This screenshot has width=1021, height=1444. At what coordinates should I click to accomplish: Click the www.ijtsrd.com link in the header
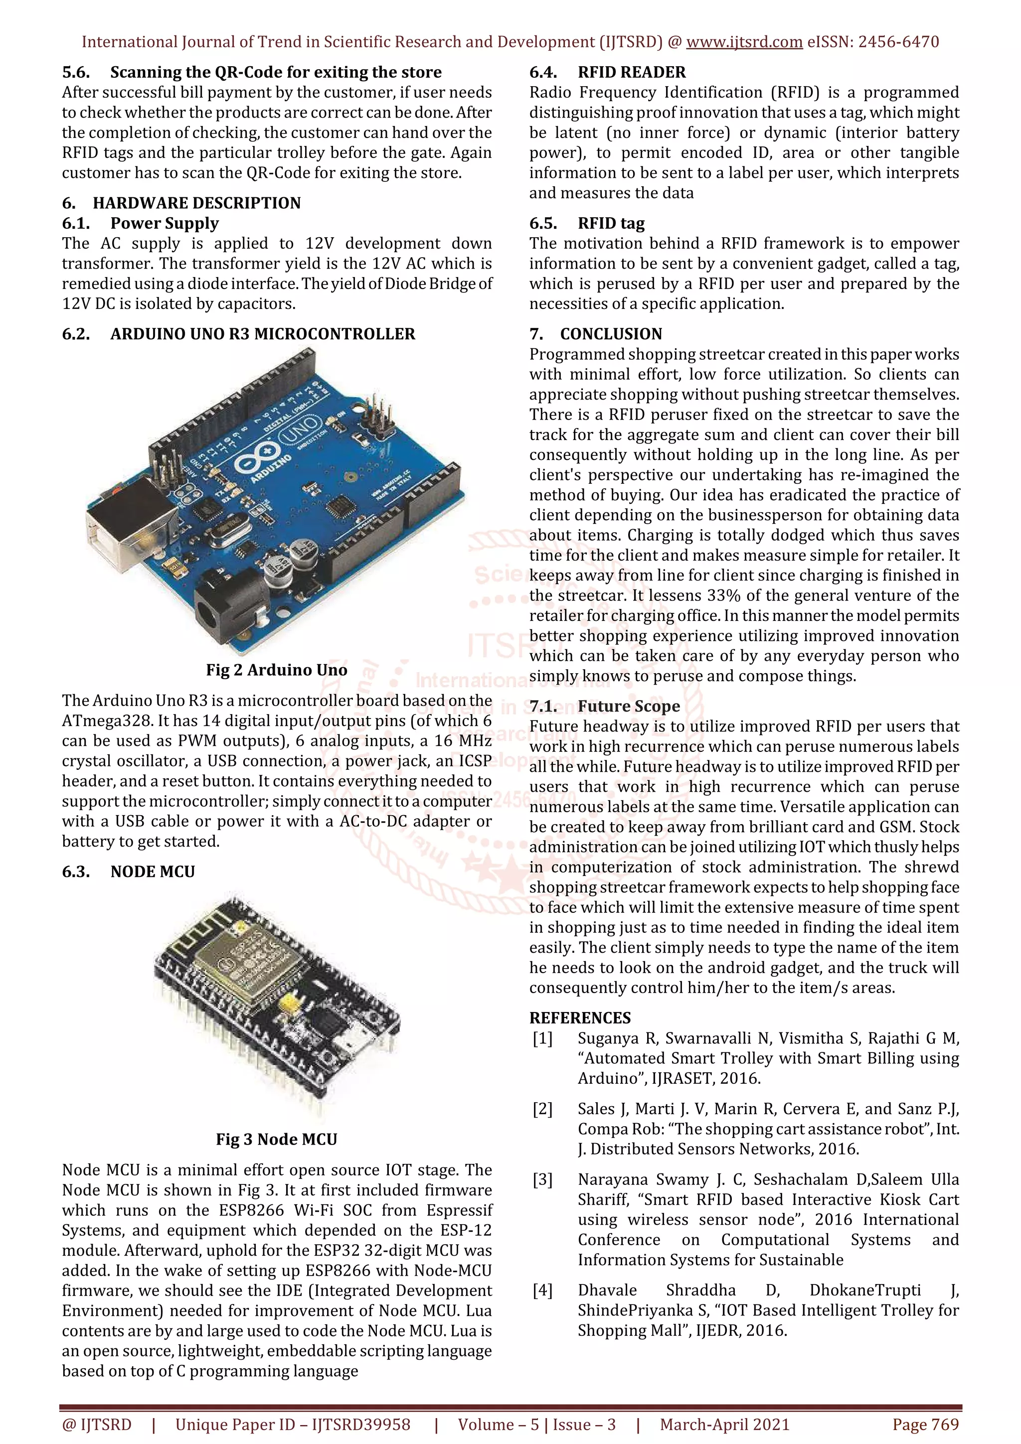[x=744, y=42]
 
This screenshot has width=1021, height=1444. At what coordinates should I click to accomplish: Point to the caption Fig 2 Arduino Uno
[x=276, y=670]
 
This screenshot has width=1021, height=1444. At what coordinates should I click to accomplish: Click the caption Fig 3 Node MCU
[x=276, y=1139]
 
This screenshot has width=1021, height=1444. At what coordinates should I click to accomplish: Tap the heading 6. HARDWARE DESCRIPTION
[x=181, y=203]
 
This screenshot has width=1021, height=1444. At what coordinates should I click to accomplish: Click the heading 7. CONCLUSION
[x=596, y=334]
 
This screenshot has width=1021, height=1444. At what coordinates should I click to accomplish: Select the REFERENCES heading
[x=579, y=1017]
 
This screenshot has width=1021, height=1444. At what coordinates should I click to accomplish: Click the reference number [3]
[x=542, y=1179]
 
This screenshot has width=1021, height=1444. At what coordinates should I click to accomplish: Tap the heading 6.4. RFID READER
[x=607, y=72]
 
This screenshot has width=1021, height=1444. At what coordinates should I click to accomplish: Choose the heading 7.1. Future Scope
[x=604, y=706]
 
